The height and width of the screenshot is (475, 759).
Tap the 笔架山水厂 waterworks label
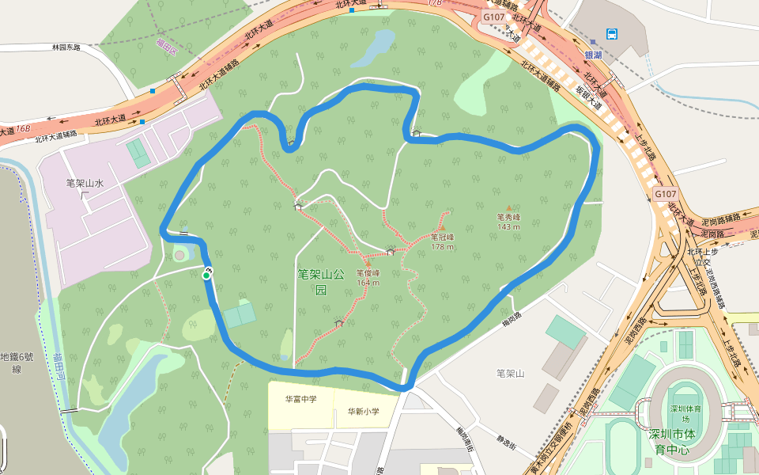click(x=85, y=189)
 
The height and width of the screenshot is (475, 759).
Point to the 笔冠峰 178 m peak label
click(x=443, y=241)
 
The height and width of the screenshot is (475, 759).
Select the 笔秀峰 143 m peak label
click(x=508, y=221)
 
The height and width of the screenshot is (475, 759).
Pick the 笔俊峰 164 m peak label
click(x=368, y=277)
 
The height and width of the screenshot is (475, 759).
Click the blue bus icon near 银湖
click(x=613, y=33)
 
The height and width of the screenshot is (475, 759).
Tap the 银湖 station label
click(x=593, y=55)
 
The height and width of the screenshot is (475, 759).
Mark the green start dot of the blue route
click(x=206, y=275)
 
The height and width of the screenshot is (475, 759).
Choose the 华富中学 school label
click(x=300, y=399)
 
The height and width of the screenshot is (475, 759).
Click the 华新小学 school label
click(x=364, y=411)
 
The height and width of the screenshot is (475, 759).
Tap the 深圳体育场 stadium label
click(x=681, y=413)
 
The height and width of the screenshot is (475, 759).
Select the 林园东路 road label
click(x=66, y=47)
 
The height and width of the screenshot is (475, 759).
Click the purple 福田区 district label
click(x=166, y=44)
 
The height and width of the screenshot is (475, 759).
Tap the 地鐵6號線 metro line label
click(x=15, y=363)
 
